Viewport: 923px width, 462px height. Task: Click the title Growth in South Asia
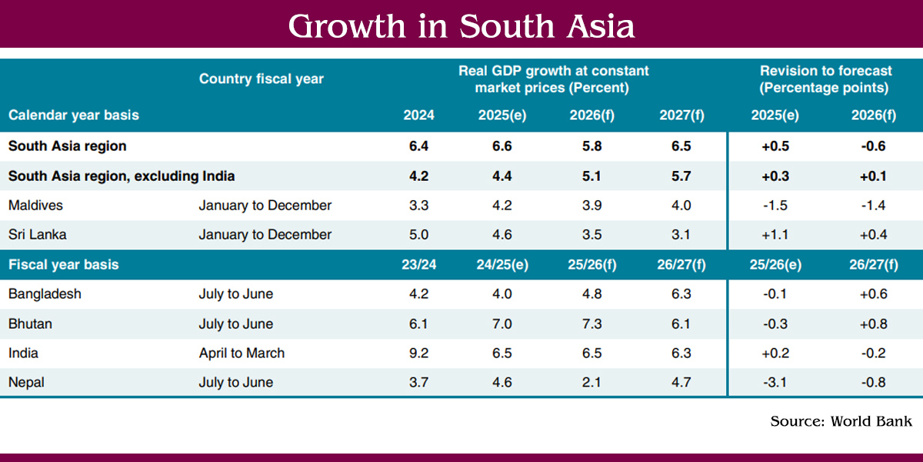(x=461, y=26)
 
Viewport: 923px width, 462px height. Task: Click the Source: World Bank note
(x=841, y=421)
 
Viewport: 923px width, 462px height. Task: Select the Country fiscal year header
(x=261, y=79)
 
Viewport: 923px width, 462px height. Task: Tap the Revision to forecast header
(x=825, y=79)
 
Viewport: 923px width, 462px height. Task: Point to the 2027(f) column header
(x=681, y=115)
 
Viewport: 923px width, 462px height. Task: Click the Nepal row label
(x=27, y=382)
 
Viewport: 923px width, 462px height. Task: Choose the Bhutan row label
(x=30, y=323)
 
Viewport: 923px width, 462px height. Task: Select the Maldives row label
(x=35, y=206)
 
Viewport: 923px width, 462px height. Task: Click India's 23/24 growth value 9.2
(x=418, y=353)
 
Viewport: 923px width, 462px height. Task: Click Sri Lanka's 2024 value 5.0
(x=418, y=235)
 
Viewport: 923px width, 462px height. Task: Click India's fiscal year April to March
(x=242, y=353)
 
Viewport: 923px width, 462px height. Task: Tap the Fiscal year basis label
(x=64, y=264)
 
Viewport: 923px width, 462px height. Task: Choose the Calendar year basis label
(x=74, y=115)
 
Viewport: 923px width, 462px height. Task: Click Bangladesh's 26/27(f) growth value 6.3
(x=681, y=294)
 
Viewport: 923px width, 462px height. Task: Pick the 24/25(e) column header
(x=501, y=264)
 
